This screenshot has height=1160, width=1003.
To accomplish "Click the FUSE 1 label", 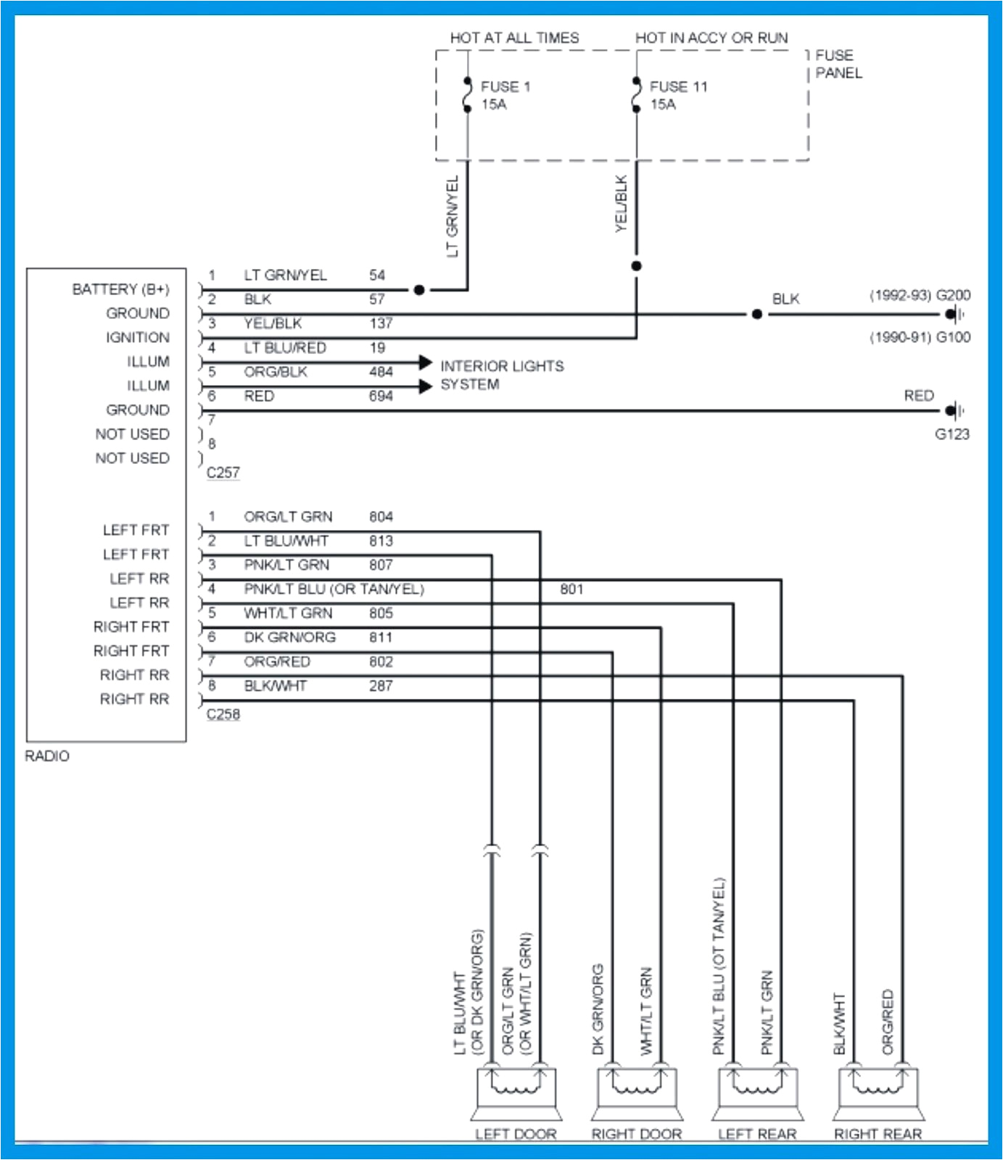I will (x=505, y=87).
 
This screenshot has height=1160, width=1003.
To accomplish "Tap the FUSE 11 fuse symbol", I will (x=637, y=95).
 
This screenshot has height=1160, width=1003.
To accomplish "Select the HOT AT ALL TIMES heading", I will (x=514, y=38).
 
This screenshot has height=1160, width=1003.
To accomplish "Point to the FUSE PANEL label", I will (x=838, y=64).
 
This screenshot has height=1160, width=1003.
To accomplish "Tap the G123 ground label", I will (x=952, y=434).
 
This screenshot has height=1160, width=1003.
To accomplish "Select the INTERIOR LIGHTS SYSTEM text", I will (x=502, y=375).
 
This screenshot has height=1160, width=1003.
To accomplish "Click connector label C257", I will (x=223, y=473).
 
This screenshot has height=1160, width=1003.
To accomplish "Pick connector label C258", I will (x=223, y=714).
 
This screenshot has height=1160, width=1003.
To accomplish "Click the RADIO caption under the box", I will (x=47, y=756).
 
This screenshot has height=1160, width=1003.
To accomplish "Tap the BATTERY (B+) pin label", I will (x=120, y=289).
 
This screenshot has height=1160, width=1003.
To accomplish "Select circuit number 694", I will (x=381, y=396).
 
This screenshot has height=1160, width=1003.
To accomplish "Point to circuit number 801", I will (x=571, y=589).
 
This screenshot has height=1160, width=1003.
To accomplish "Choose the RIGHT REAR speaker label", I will (x=878, y=1134).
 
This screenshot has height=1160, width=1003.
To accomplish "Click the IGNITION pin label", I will (x=137, y=338).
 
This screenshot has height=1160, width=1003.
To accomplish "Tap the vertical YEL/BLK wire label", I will (x=621, y=204).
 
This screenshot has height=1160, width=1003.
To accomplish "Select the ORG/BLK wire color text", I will (x=276, y=372).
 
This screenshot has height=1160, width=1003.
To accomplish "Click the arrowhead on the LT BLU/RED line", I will (x=425, y=362).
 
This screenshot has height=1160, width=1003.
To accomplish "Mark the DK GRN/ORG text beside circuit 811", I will (x=289, y=637).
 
